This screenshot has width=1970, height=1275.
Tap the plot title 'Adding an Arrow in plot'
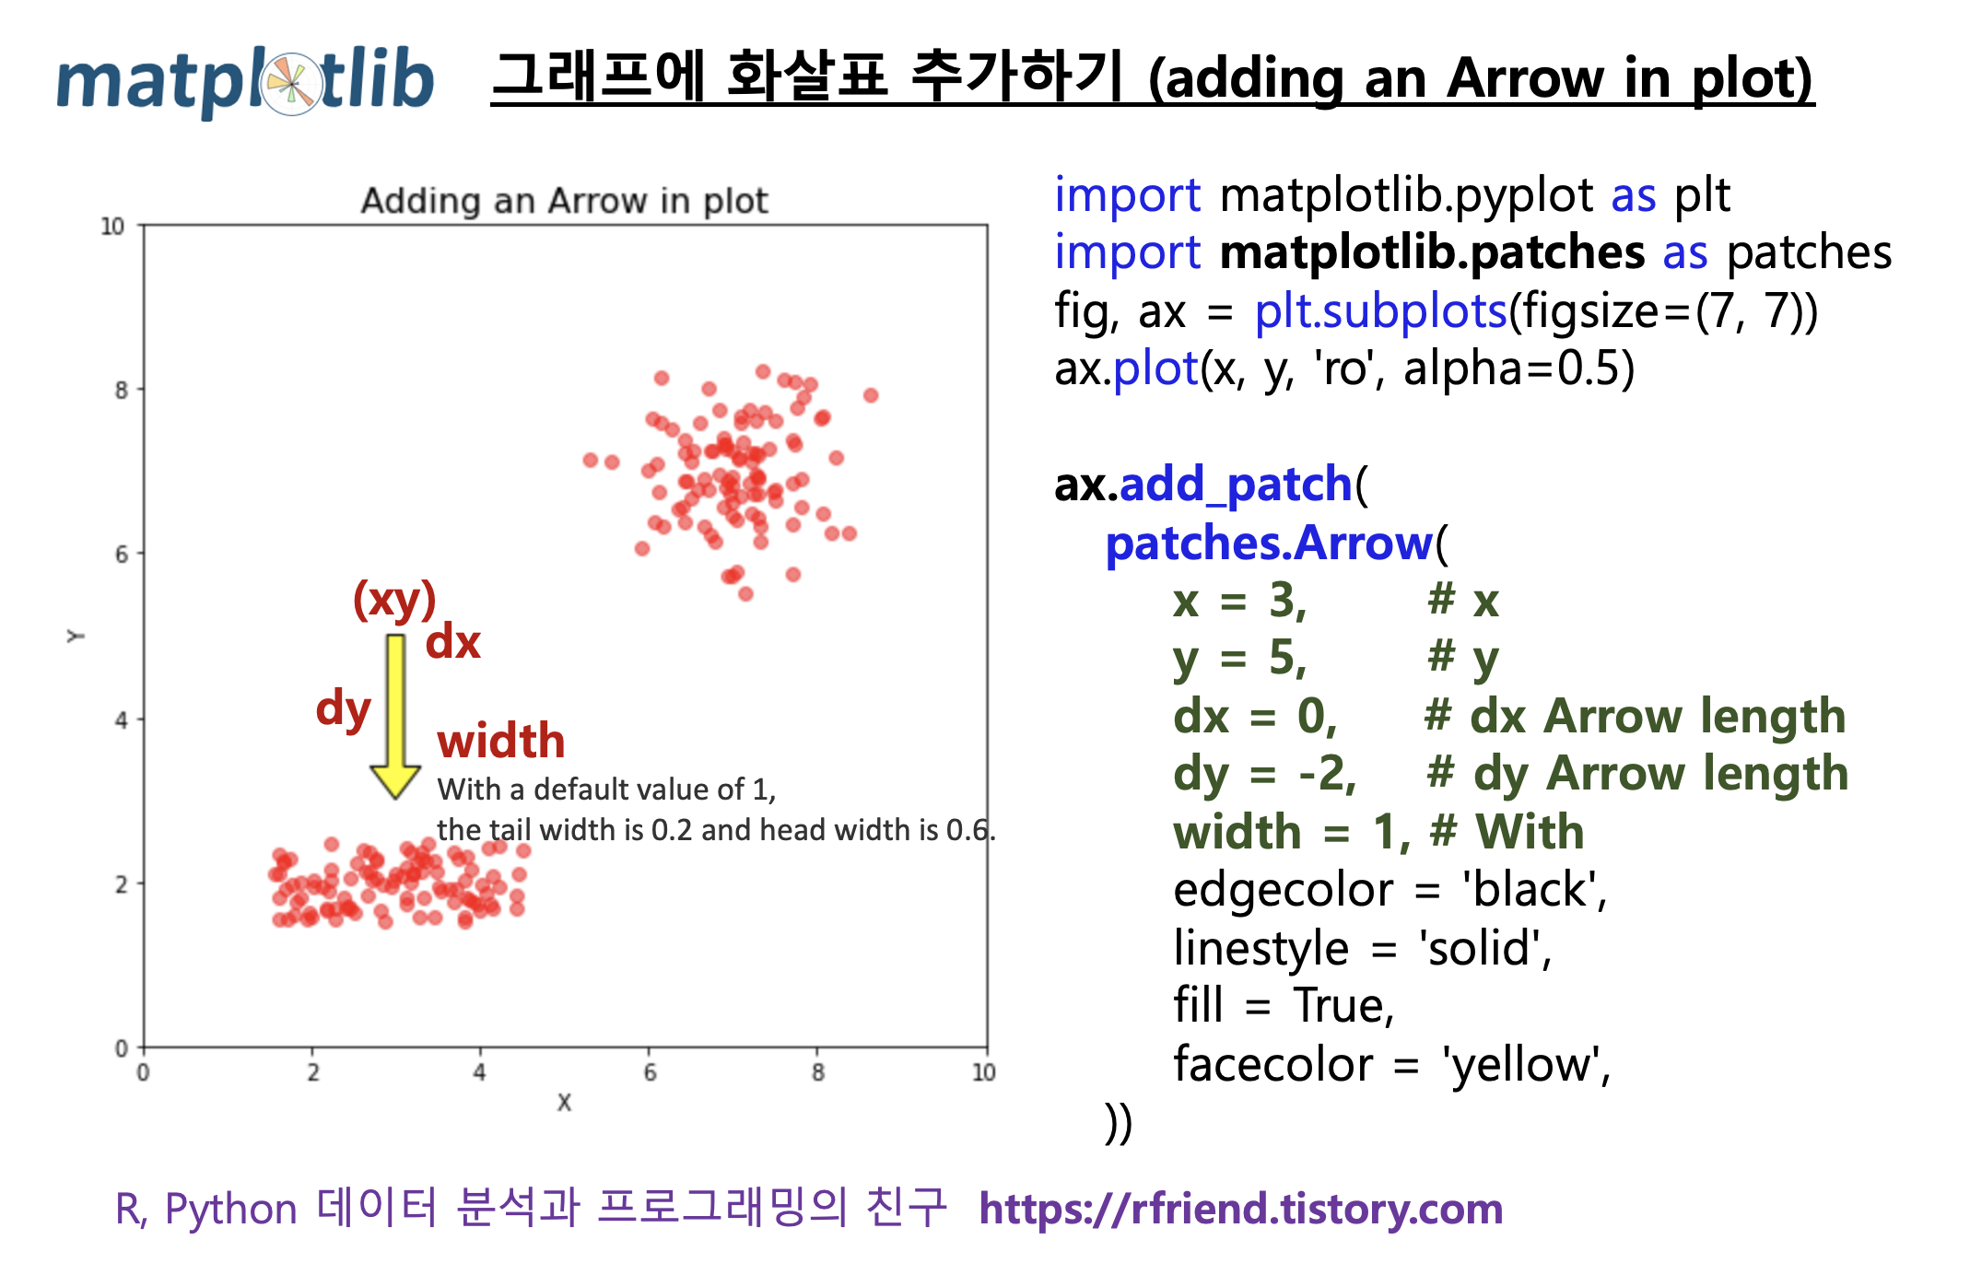(x=564, y=200)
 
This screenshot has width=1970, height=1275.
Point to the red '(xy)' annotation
(x=394, y=600)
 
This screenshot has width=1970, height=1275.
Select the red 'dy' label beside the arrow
(x=343, y=709)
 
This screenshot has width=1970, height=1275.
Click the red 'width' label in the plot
(x=500, y=741)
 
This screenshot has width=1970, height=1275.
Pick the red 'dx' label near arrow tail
(x=452, y=641)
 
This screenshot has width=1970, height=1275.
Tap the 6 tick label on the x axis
(x=650, y=1072)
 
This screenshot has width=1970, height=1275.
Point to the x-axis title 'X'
(x=564, y=1102)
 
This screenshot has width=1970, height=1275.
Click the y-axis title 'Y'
(x=76, y=636)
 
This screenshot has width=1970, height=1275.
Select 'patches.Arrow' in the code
(x=1269, y=544)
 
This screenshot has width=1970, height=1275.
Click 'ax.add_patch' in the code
(x=1202, y=485)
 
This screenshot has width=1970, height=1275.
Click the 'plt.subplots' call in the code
(x=1380, y=311)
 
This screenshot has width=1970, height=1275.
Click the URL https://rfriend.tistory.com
(x=1240, y=1209)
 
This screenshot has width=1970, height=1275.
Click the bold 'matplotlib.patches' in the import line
(x=1432, y=252)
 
